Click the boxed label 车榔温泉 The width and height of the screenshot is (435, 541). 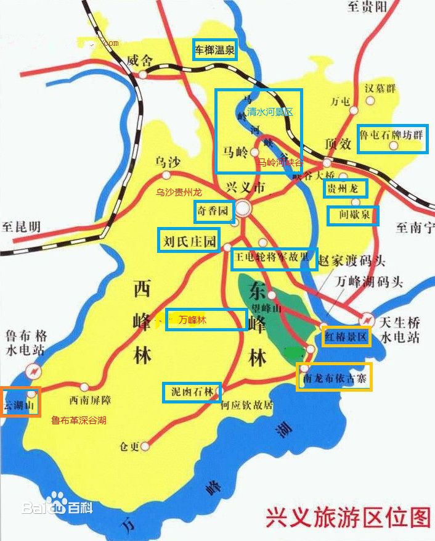coord(214,51)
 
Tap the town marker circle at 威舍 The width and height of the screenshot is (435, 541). coord(142,74)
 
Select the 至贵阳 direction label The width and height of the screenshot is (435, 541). coord(368,7)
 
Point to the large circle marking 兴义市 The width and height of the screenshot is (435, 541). coord(244,207)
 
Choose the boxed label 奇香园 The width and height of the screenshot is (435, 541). coord(214,212)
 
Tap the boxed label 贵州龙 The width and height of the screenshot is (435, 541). coord(346,188)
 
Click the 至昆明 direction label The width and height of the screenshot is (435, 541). coord(21,226)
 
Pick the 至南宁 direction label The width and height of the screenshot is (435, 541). coord(414,228)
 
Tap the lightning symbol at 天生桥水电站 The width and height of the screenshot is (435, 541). coord(367,320)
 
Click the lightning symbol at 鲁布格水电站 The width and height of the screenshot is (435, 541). coord(33,371)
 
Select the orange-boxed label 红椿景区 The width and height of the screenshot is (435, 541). coord(346,337)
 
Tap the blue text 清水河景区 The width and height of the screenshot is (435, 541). coord(270,112)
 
